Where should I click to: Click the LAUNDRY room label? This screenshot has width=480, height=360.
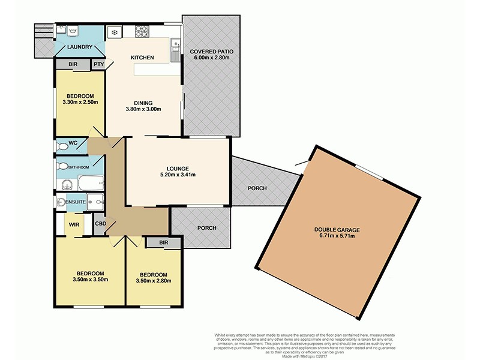coord(80,47)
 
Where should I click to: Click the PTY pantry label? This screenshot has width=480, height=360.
coord(98,64)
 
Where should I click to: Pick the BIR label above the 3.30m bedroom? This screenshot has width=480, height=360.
coord(72,64)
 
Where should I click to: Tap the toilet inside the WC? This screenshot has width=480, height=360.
coord(62,146)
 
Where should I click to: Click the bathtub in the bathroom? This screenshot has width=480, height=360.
coord(90,181)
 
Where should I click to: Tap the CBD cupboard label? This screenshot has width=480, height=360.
coord(101,226)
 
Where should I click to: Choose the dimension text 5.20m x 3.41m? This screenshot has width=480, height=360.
coord(178,175)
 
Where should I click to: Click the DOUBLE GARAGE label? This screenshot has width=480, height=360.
coord(335,229)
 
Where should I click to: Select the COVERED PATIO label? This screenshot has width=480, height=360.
coord(212,52)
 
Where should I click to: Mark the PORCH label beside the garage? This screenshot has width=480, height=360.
coord(257,188)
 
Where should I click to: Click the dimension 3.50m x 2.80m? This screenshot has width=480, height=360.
coord(154,280)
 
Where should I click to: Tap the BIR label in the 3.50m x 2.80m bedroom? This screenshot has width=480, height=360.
coord(164,242)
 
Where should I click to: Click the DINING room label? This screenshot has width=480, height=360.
coord(143,102)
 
